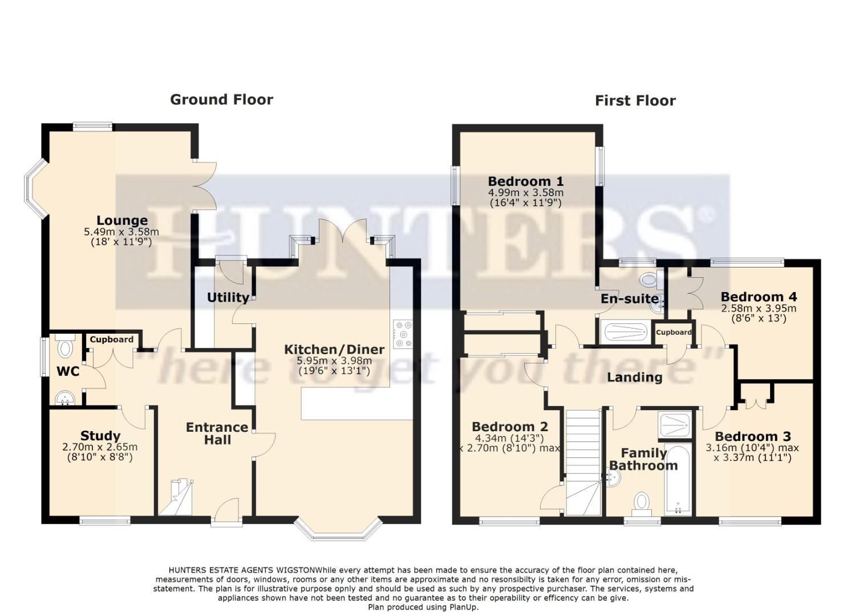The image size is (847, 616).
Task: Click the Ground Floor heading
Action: point(221,100)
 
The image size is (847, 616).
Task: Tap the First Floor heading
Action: point(635,101)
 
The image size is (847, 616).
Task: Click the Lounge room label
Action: point(121,220)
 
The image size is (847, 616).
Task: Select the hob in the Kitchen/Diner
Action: point(403,334)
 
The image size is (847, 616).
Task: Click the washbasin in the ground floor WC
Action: point(64,398)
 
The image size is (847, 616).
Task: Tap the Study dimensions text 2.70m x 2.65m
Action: point(100,447)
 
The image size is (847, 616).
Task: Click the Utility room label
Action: point(228,297)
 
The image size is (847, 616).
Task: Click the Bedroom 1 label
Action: point(525,181)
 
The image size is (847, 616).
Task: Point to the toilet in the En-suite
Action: point(649,279)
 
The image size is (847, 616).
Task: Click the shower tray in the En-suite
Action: point(625,332)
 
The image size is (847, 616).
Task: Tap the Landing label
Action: point(634,377)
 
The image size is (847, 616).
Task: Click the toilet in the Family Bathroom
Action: point(642,503)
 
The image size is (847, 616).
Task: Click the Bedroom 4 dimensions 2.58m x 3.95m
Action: point(759,309)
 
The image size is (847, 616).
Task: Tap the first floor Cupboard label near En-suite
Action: point(674,332)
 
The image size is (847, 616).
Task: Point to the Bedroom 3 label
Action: point(752,436)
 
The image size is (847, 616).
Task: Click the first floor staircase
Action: point(583,462)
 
